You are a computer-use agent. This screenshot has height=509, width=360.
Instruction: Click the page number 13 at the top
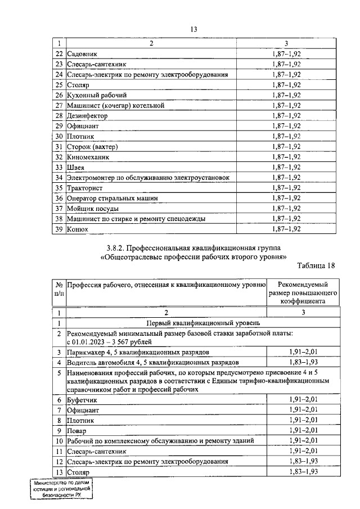pos(194,29)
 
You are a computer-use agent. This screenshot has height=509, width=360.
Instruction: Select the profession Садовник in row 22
pos(82,55)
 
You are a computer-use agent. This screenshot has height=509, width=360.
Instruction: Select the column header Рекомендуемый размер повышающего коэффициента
pos(303,292)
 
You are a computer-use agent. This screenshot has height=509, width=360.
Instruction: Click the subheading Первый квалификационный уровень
pos(202,323)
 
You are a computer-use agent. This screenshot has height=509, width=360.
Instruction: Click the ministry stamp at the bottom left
pos(61,490)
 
